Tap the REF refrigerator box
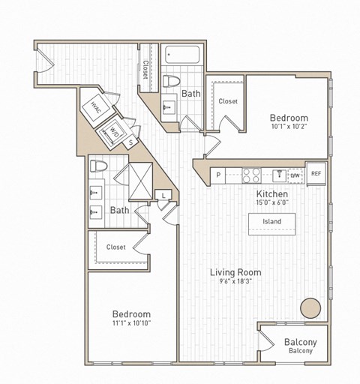point(316,174)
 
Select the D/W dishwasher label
point(296,175)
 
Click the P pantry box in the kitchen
point(218,175)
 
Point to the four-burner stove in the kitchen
point(252,175)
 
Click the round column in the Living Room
point(309,307)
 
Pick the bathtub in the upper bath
point(180,54)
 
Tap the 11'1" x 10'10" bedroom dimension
point(131,325)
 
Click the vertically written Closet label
point(145,69)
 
